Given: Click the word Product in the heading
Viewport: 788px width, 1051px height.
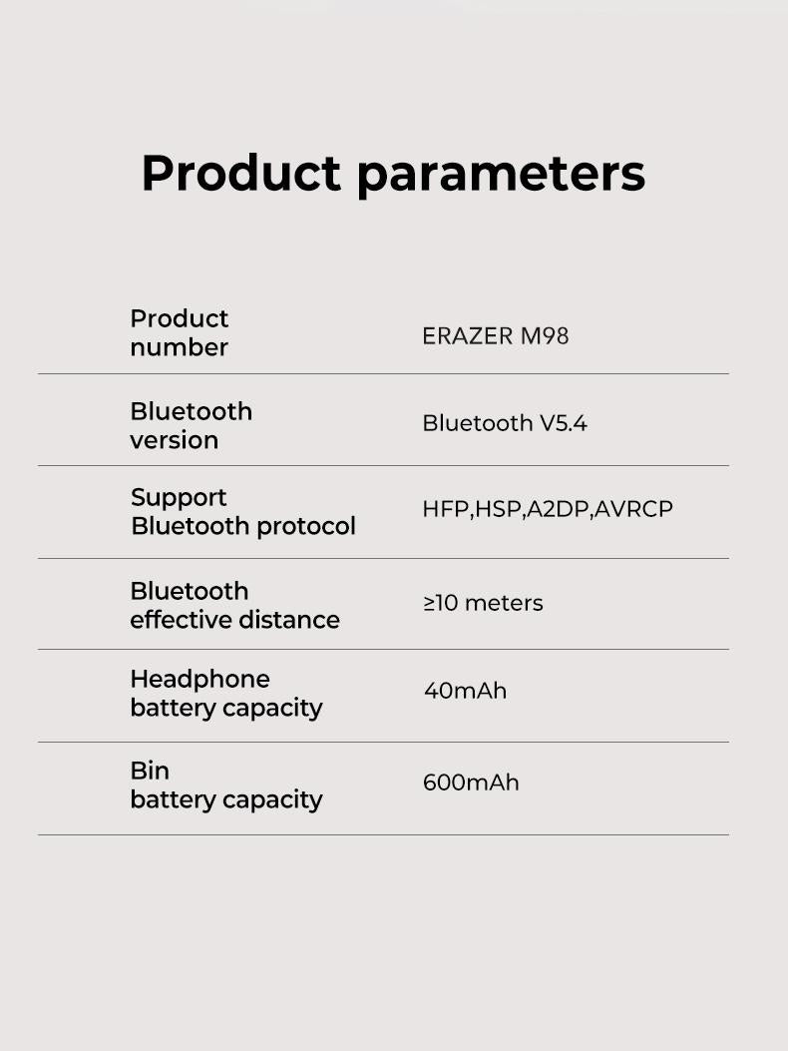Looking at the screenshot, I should pos(241,174).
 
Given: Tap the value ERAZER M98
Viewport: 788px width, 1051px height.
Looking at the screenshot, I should pos(495,336).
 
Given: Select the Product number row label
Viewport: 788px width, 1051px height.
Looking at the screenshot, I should pos(180,333).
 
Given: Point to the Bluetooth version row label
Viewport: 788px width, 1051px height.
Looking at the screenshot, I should pos(191,426).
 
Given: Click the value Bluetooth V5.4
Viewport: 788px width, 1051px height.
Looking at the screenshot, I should pos(505,423).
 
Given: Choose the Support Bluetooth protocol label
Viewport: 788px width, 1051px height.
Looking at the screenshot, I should pos(242,512).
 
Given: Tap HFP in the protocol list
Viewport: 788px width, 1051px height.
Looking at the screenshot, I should pos(445,509).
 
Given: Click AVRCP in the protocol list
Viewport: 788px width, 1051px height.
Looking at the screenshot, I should pos(634,509).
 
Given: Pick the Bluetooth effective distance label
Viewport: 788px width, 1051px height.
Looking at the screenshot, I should pos(234,606).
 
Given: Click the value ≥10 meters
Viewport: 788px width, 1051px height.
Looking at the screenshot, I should pos(483,603).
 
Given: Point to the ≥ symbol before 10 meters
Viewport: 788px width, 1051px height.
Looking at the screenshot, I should pos(430,603).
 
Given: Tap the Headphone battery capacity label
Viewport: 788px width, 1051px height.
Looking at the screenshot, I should pos(225,694).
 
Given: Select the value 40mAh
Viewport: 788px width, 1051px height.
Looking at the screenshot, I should pos(465,691).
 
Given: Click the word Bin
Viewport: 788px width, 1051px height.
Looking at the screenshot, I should pos(150,771).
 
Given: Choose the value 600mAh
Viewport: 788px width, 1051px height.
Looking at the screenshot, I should pos(471,783).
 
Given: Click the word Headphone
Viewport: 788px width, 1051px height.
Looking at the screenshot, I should pos(199,680).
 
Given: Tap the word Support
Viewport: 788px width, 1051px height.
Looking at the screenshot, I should pos(179,497).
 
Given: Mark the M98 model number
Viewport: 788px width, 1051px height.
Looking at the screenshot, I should pos(545,336).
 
